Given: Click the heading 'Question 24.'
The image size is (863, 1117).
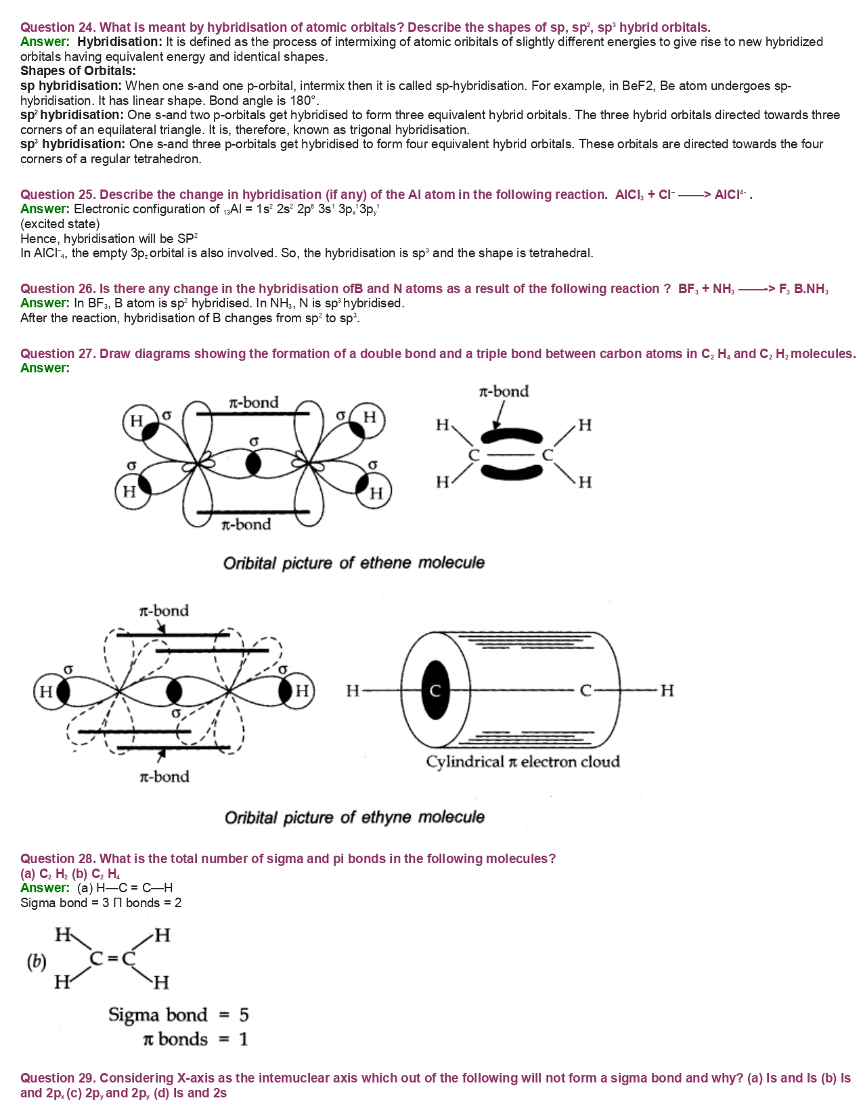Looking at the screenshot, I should point(58,27).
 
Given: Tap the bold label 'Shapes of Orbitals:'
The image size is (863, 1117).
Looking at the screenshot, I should point(78,71).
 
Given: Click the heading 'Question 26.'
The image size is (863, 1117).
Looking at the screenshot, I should point(58,289).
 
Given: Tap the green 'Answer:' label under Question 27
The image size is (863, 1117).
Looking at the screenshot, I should point(45,368).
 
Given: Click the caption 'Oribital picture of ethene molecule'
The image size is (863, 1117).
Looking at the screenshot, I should point(353,563).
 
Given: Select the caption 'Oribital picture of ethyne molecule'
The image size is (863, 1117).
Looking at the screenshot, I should point(354,817).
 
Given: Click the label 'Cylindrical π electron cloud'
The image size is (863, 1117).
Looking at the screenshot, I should point(523,762).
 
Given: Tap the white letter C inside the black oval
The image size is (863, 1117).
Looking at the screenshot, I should point(435,691).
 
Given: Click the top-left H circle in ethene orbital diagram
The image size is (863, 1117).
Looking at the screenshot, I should point(136,421).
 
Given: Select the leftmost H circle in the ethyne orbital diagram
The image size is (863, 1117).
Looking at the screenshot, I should point(46,691).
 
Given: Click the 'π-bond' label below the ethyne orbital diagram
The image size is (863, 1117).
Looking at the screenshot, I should point(164,776).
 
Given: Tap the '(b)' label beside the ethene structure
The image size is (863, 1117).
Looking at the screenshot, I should point(36,962).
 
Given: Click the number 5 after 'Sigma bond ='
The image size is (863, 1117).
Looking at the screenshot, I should point(244,1015).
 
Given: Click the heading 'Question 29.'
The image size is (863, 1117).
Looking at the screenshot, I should point(58,1078).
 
